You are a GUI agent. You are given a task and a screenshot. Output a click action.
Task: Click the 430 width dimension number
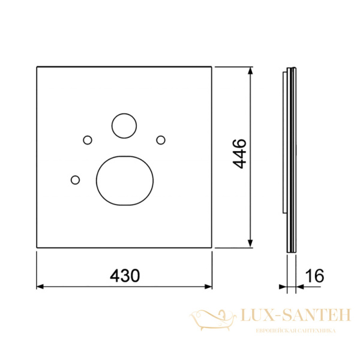(x=125, y=275)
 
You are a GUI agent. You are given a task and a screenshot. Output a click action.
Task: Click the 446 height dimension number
(x=239, y=154)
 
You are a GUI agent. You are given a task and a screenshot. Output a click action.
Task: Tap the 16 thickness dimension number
(x=315, y=275)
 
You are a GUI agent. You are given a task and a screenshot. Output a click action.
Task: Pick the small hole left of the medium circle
(x=88, y=140)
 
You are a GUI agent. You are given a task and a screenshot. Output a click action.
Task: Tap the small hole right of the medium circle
(x=161, y=140)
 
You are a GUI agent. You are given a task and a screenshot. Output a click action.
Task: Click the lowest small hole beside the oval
(x=76, y=180)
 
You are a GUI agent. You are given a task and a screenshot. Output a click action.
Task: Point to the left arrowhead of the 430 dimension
(x=40, y=287)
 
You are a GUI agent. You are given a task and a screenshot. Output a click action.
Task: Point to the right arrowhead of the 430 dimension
(x=208, y=287)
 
